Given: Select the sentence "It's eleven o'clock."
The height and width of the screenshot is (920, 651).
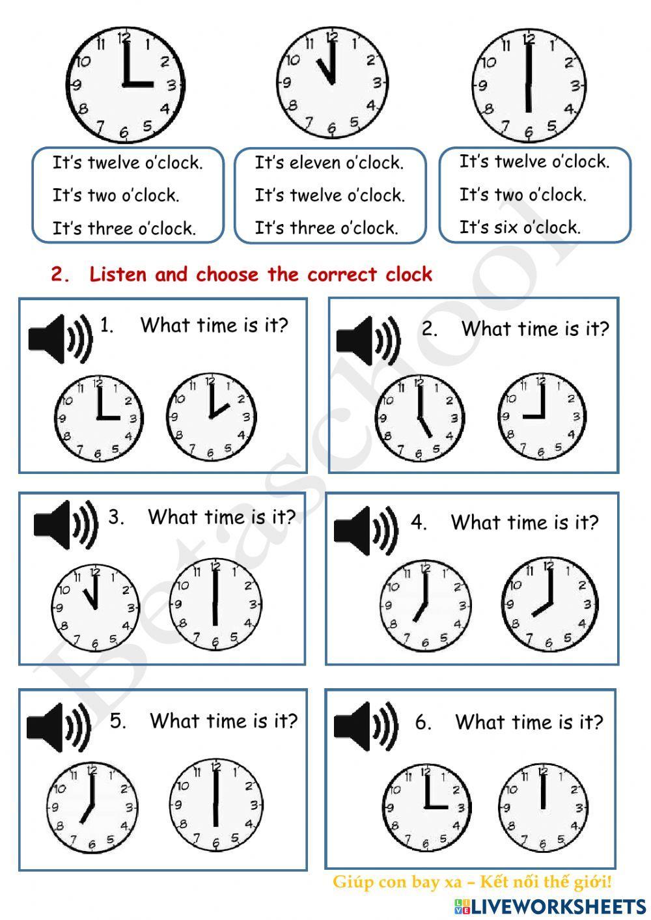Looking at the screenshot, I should click(x=329, y=162).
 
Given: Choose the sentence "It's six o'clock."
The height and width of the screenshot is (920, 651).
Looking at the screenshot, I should click(x=519, y=227).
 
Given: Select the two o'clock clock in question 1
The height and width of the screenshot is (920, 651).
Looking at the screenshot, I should click(x=211, y=417).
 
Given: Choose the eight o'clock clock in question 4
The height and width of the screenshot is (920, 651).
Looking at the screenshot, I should click(x=550, y=605).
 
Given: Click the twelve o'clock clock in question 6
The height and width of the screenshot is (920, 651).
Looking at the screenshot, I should click(x=543, y=807).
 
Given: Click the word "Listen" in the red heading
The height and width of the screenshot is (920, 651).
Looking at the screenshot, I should click(x=118, y=274).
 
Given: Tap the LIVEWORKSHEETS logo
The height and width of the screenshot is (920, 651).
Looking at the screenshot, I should click(x=550, y=906).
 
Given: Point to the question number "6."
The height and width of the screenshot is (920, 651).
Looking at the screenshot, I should click(x=423, y=722).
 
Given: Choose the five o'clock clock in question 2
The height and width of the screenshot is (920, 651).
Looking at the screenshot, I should click(x=420, y=418).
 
